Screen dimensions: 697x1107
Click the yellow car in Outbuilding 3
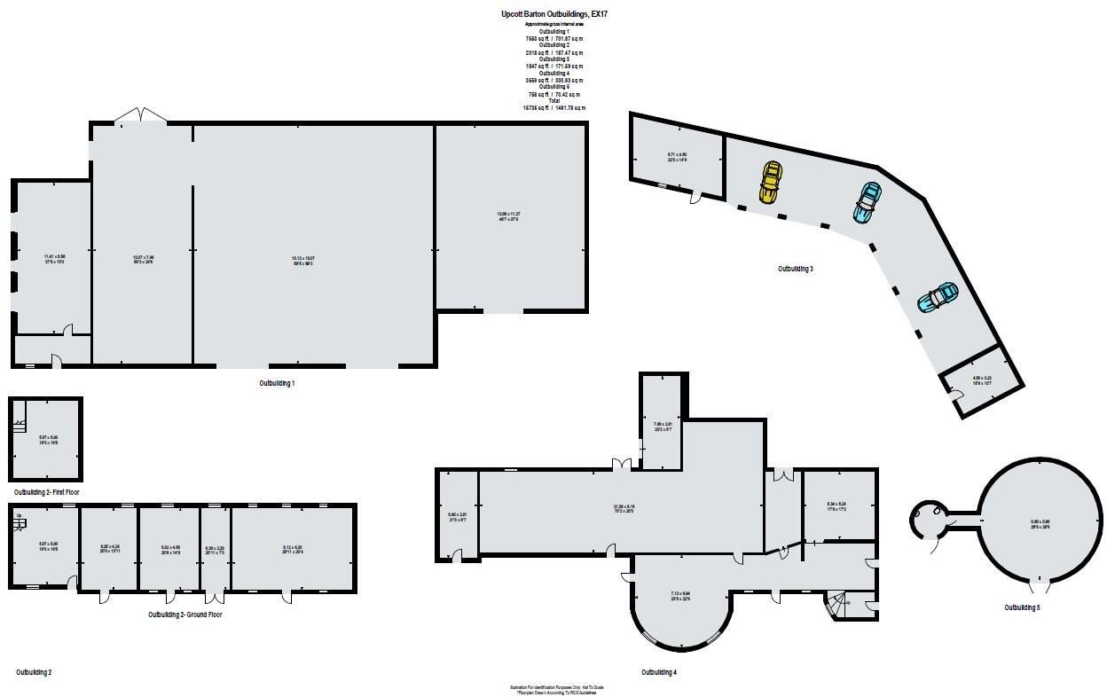770,182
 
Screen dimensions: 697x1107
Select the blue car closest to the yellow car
867,201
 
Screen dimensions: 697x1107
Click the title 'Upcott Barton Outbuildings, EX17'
554,15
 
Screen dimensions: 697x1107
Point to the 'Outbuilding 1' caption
277,383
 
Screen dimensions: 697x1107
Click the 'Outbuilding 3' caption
796,269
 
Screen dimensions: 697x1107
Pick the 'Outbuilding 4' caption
658,672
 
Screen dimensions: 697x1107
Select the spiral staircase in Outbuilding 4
836,606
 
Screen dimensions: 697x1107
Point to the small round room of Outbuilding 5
929,517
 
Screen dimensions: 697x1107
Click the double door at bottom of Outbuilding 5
1038,584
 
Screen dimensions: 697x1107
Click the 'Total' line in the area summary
554,101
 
